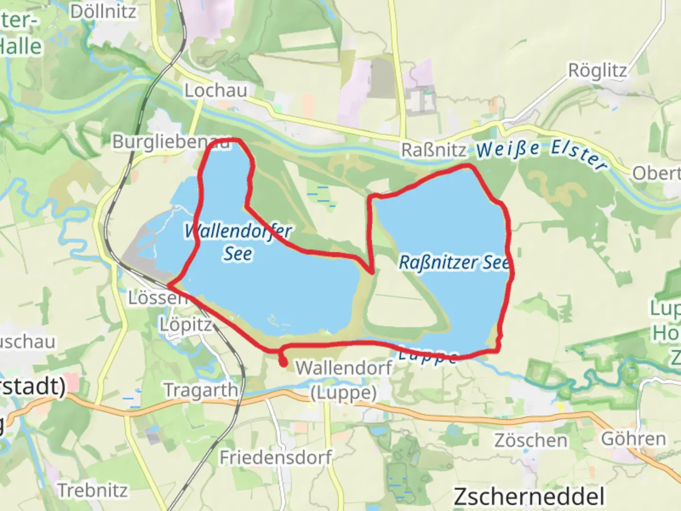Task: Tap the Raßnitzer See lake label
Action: click(x=453, y=262)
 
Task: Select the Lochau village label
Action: click(x=216, y=90)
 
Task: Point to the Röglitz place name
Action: click(x=597, y=70)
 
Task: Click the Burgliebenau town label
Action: click(x=170, y=141)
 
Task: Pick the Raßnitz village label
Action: click(x=434, y=150)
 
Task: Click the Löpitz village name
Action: click(x=185, y=325)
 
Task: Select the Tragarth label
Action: click(x=201, y=390)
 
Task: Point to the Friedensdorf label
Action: click(x=276, y=458)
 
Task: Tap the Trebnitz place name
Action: click(x=93, y=490)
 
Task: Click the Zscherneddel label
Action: click(x=529, y=497)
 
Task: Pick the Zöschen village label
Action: click(x=531, y=441)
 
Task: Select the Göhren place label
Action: click(x=633, y=439)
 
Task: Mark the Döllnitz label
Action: click(x=103, y=11)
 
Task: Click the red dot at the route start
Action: click(x=283, y=363)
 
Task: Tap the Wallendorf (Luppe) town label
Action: click(x=344, y=380)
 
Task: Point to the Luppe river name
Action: click(x=428, y=355)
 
